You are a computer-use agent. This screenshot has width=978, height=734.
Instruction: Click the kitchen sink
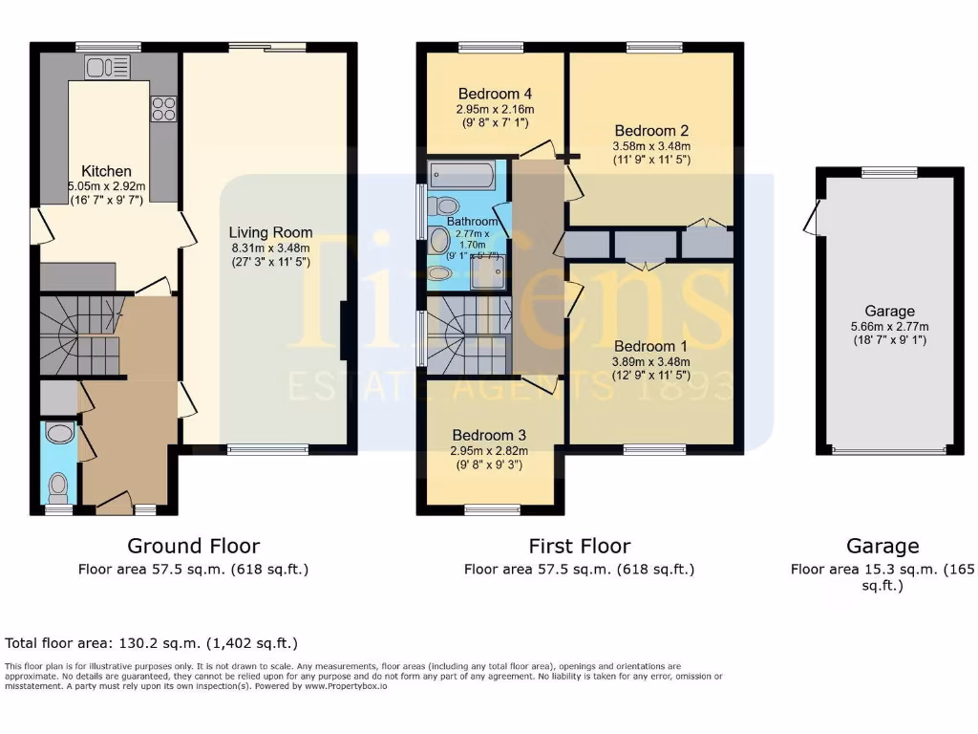107,66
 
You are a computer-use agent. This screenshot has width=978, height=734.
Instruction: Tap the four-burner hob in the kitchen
163,109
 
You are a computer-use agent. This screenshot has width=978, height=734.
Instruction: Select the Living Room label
270,232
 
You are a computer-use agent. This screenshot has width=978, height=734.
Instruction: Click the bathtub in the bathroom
462,176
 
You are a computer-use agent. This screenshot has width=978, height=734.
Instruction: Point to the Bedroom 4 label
495,94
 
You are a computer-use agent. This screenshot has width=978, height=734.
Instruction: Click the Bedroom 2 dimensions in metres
651,146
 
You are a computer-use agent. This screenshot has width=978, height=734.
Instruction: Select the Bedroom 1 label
650,346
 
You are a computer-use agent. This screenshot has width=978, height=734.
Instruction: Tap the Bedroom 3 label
489,435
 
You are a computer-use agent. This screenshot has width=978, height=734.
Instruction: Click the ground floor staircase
78,335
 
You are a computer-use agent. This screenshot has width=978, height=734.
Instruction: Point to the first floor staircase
466,335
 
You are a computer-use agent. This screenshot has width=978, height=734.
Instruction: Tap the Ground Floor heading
193,546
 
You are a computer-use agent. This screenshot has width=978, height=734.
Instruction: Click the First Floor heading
579,546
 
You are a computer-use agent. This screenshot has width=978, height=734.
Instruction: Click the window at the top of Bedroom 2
654,47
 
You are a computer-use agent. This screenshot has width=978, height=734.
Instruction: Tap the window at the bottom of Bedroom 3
492,508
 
